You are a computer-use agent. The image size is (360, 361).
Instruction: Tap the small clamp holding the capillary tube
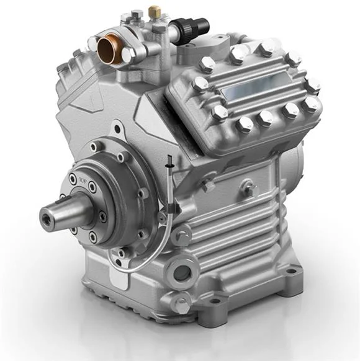click(163, 217)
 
